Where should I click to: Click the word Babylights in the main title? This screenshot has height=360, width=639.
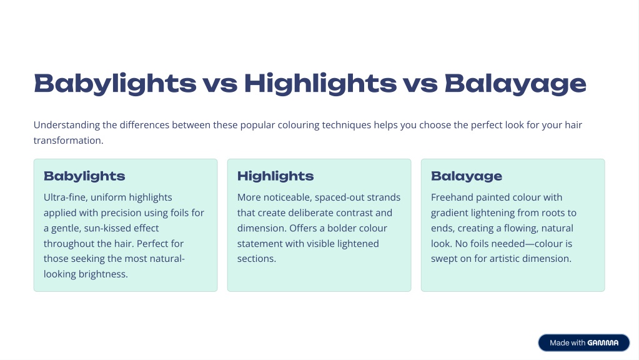[115, 84]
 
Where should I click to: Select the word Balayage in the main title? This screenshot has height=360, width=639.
[515, 84]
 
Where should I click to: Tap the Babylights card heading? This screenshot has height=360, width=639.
[84, 176]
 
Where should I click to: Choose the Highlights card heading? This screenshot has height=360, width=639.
[275, 176]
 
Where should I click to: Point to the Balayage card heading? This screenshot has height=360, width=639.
[467, 176]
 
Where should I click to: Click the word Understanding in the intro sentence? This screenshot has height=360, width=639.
[66, 125]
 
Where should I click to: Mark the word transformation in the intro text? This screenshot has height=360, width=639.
[68, 140]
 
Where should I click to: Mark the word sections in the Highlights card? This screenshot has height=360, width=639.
[256, 259]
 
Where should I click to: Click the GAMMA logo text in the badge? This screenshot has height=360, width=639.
[603, 343]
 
